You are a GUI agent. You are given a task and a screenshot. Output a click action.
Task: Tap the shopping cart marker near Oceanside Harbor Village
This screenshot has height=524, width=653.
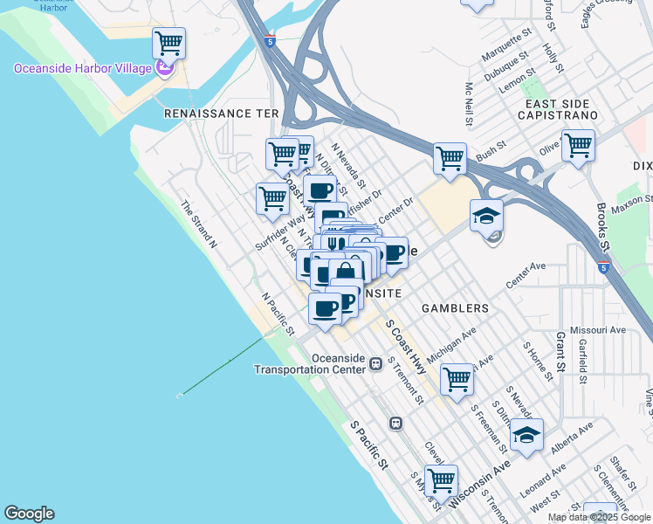click(x=168, y=42)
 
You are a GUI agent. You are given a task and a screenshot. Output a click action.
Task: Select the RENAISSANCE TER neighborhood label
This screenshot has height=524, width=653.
click(x=221, y=114)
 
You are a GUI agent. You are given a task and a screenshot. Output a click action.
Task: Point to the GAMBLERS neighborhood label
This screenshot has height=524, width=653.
click(x=455, y=308)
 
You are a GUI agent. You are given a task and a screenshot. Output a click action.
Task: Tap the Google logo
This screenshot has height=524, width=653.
click(x=29, y=514)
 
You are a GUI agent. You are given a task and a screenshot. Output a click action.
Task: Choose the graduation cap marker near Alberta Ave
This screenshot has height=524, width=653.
click(x=526, y=435)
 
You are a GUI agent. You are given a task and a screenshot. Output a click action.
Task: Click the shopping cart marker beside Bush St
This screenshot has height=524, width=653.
click(x=450, y=159)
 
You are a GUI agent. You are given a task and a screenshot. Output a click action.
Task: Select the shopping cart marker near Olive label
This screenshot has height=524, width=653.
click(x=578, y=145)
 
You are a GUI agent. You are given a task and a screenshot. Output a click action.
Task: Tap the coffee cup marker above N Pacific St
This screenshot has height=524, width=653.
click(x=325, y=308)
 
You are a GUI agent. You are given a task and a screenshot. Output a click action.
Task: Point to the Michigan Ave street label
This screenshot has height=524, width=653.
click(x=451, y=338)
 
